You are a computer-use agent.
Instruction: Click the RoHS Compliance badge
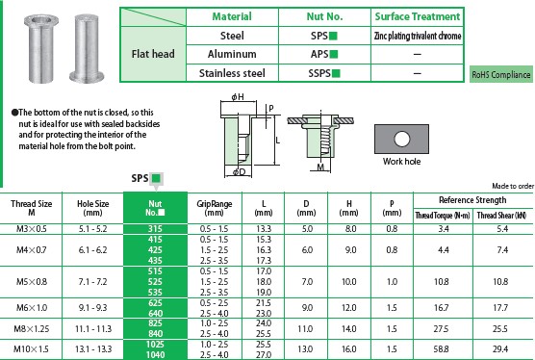coord(501,74)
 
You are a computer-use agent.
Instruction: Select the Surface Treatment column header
coord(418,16)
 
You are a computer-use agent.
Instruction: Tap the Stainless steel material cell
coord(232,73)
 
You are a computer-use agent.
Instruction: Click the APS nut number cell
coord(324,54)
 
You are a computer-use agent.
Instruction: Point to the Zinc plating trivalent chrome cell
coord(418,36)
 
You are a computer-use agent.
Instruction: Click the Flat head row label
coord(153,54)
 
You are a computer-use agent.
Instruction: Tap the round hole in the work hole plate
coord(401,139)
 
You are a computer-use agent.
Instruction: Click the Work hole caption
coord(401,161)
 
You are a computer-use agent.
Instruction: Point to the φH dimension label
coord(238,97)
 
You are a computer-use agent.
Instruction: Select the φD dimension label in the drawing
coord(240,171)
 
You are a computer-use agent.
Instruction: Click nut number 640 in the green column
coord(155,313)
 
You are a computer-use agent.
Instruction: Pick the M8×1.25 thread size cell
coord(32,329)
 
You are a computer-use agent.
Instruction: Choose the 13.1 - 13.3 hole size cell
coord(93,349)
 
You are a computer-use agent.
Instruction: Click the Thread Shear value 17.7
coord(500,308)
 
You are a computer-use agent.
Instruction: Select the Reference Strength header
coord(472,200)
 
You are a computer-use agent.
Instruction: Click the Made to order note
coord(513,186)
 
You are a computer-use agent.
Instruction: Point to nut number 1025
coord(155,344)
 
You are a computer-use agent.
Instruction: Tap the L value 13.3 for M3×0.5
coord(264,229)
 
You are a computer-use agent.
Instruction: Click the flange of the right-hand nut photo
coord(87,77)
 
